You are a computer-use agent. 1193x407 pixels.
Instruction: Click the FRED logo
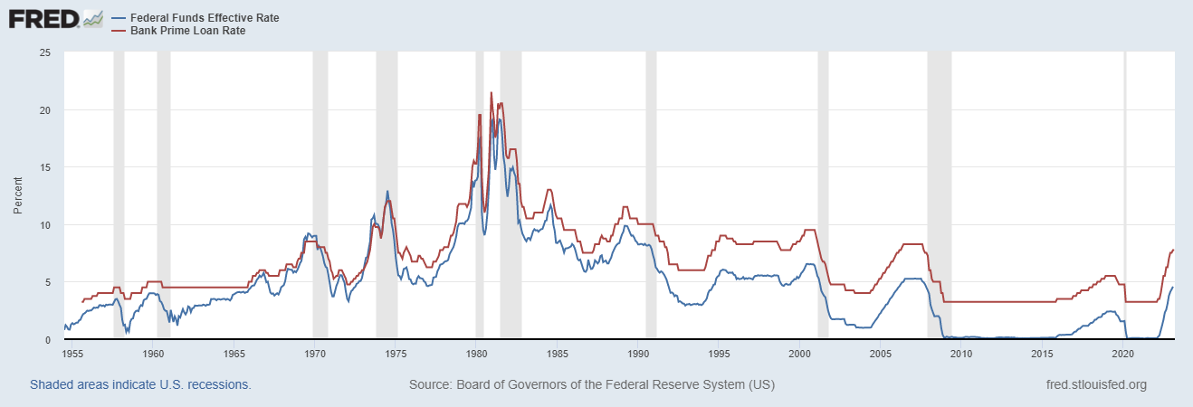click(x=55, y=18)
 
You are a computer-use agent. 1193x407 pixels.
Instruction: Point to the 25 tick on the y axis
click(x=44, y=52)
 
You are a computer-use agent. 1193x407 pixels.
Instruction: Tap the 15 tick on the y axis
click(x=44, y=167)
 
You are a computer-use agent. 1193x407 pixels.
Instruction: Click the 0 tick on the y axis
click(x=47, y=340)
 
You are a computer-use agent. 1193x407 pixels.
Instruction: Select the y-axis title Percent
click(x=18, y=196)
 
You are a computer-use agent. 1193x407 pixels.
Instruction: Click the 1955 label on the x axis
click(x=73, y=353)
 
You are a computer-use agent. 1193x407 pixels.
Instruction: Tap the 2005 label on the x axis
click(x=881, y=353)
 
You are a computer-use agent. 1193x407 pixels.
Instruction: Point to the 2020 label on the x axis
click(x=1123, y=353)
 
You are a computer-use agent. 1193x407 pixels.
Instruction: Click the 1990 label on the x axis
click(x=639, y=353)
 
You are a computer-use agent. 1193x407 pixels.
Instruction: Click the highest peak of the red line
click(x=492, y=92)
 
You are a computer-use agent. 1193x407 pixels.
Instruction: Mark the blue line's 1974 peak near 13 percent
click(x=387, y=192)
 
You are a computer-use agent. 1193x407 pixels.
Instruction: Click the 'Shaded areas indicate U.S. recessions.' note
click(x=140, y=384)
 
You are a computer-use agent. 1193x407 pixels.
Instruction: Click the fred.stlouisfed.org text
click(x=1095, y=384)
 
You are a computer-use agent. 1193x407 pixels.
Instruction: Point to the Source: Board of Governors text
click(x=591, y=384)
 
